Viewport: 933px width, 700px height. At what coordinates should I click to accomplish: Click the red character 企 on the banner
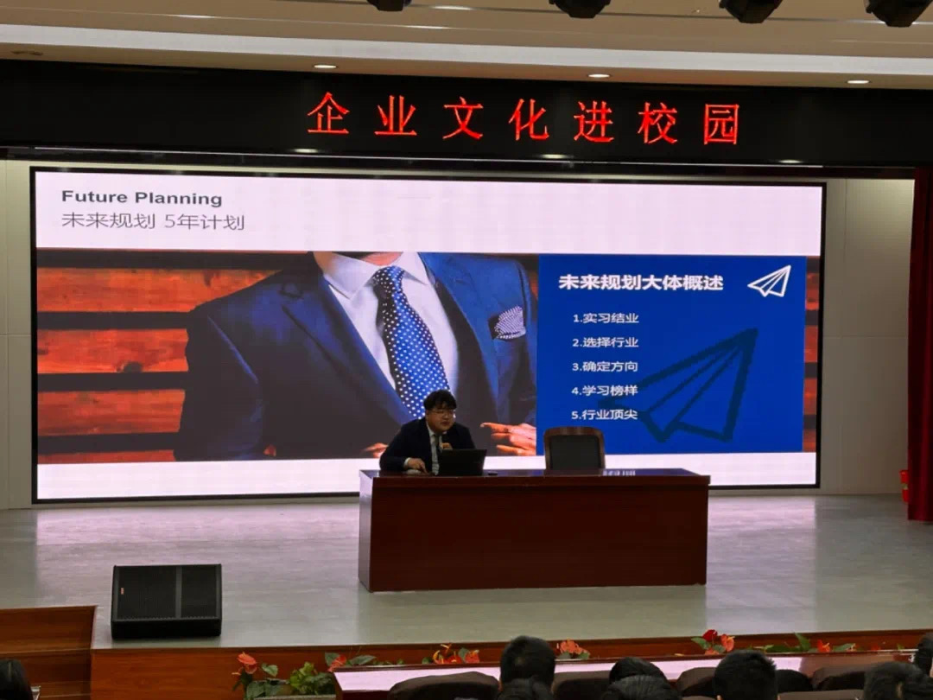[328, 114]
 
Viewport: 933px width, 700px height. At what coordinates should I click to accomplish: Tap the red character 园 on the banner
[720, 124]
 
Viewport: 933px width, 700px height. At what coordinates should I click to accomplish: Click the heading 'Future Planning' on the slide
[142, 198]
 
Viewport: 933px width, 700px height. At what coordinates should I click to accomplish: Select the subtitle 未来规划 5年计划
[153, 221]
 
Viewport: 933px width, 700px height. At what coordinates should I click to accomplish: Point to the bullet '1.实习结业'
[605, 318]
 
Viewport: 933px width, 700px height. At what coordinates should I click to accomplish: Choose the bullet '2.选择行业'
[605, 342]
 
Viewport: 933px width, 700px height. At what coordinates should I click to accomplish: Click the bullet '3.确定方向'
[605, 366]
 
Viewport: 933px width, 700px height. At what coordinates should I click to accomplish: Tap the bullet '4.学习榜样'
[605, 391]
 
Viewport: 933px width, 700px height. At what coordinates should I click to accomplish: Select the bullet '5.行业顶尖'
[605, 414]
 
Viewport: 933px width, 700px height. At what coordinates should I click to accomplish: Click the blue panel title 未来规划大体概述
[640, 282]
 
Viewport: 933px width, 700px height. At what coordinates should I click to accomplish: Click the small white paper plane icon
[770, 282]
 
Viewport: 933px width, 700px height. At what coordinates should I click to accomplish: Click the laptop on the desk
[461, 462]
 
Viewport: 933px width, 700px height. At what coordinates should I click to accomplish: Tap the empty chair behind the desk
[574, 449]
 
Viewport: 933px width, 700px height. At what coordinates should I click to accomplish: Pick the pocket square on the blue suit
[509, 323]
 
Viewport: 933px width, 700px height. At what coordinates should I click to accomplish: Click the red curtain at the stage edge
[921, 345]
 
